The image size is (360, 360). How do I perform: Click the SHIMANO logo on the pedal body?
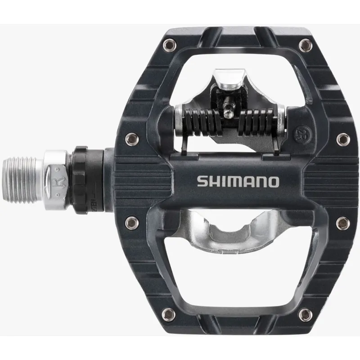[238, 181]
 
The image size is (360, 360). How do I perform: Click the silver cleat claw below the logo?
[228, 231]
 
